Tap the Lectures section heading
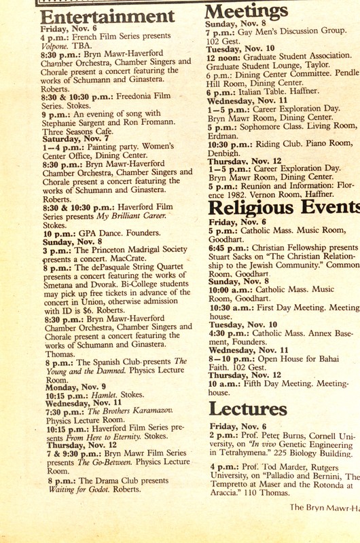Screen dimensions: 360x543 click(248, 408)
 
